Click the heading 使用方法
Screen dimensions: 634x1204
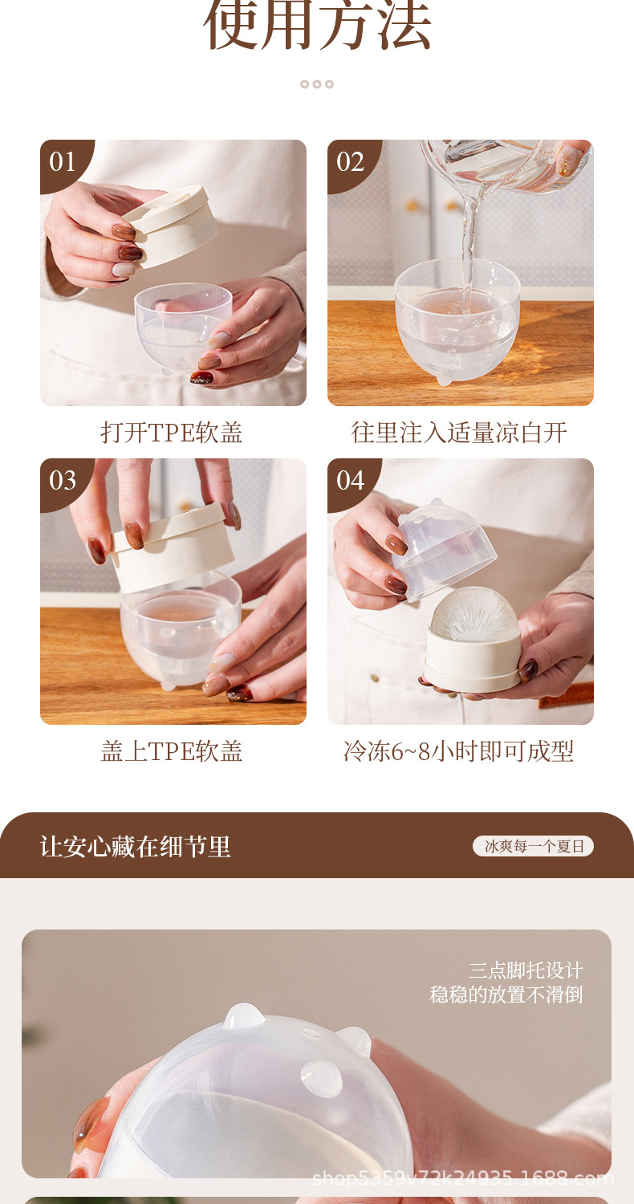pyautogui.click(x=317, y=25)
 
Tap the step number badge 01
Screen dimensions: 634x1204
pyautogui.click(x=63, y=162)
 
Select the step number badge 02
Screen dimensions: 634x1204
pyautogui.click(x=350, y=162)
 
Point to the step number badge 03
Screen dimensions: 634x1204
pyautogui.click(x=63, y=481)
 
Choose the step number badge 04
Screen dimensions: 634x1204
pyautogui.click(x=350, y=481)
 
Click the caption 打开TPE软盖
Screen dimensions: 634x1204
pyautogui.click(x=172, y=433)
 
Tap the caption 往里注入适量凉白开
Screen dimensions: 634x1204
pyautogui.click(x=459, y=433)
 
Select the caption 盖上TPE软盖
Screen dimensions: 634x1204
pyautogui.click(x=172, y=751)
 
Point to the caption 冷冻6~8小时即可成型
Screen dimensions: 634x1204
pyautogui.click(x=459, y=751)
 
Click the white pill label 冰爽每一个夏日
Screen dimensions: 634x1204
pyautogui.click(x=533, y=847)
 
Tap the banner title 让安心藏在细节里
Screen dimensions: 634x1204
pyautogui.click(x=136, y=847)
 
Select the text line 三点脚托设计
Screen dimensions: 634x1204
pyautogui.click(x=526, y=970)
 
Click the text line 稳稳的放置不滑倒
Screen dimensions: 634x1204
pyautogui.click(x=506, y=995)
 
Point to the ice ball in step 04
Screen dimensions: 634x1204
pyautogui.click(x=474, y=614)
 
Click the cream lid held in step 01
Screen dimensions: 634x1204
pyautogui.click(x=172, y=226)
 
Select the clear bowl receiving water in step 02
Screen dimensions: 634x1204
pyautogui.click(x=457, y=319)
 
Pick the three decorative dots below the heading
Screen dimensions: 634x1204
pyautogui.click(x=317, y=83)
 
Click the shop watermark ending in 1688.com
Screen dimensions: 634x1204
pyautogui.click(x=463, y=1179)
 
